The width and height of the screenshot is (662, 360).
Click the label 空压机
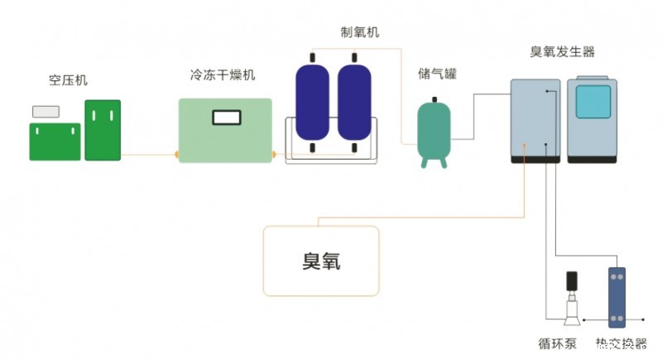[x=68, y=80]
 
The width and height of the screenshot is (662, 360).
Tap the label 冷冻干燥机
[x=223, y=75]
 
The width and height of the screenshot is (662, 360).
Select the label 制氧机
[x=361, y=31]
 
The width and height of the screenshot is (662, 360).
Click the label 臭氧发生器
[x=562, y=51]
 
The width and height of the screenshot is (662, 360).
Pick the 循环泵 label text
[x=555, y=343]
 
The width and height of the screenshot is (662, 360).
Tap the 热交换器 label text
[x=621, y=343]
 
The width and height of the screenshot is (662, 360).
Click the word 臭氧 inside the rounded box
[x=321, y=262]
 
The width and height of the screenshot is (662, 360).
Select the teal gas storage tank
[x=434, y=129]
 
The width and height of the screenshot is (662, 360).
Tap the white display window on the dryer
[x=225, y=118]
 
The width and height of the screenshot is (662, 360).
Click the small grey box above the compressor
[x=46, y=111]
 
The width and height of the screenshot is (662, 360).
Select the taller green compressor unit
[x=103, y=130]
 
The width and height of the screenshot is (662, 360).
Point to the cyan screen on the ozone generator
[x=592, y=101]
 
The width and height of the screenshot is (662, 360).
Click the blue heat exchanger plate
[x=617, y=297]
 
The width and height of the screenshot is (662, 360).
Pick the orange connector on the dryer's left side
[x=175, y=154]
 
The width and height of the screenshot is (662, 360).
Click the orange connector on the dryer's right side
[x=274, y=154]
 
